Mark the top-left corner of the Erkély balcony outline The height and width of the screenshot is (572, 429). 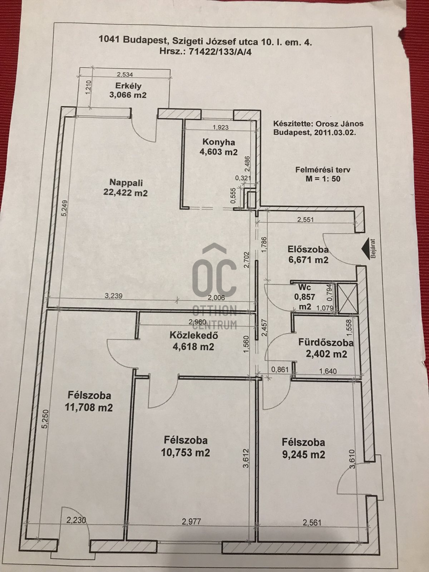click(x=79, y=68)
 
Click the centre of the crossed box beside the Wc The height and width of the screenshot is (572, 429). click(x=347, y=298)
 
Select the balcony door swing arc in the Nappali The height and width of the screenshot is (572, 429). click(x=144, y=130)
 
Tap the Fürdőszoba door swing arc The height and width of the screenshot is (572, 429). click(x=279, y=346)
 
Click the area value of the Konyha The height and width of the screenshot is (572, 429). click(x=218, y=152)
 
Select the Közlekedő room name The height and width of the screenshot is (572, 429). click(x=194, y=335)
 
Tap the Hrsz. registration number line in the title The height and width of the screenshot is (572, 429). click(x=206, y=52)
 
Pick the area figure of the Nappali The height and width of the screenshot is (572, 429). click(x=125, y=193)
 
